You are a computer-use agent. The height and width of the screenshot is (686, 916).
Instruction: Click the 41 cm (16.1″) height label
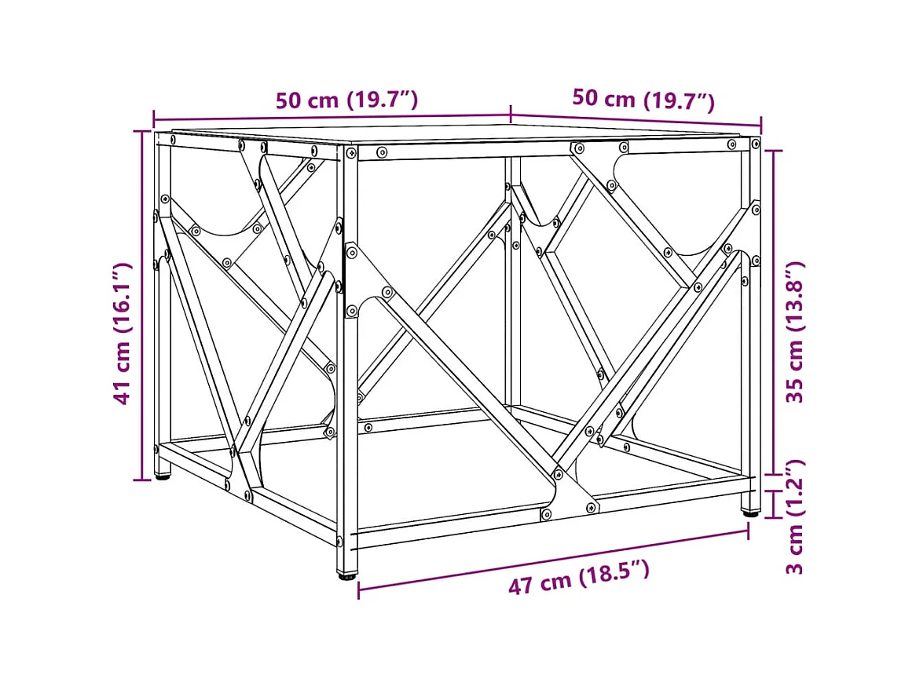(x=122, y=334)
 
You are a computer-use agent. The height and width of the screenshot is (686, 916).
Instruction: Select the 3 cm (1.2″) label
(x=796, y=517)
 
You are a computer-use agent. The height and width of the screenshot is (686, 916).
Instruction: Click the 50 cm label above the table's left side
(x=346, y=100)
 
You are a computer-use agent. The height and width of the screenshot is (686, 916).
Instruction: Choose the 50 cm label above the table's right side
(x=643, y=100)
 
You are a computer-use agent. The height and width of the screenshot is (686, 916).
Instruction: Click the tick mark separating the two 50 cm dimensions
(x=511, y=114)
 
